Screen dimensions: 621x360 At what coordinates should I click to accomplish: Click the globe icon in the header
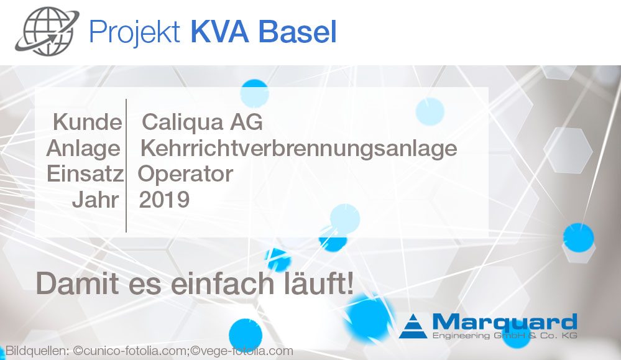click(x=47, y=31)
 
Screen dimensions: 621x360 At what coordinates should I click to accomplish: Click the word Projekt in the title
click(x=135, y=32)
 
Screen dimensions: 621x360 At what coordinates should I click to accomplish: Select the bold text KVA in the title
click(x=220, y=31)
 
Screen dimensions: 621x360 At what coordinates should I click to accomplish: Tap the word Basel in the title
click(x=297, y=31)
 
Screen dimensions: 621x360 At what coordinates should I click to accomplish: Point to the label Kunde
click(x=88, y=122)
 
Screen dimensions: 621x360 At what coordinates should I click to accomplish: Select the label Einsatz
click(x=85, y=174)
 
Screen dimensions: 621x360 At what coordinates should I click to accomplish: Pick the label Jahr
click(x=96, y=200)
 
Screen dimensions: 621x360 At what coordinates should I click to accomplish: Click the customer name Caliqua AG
click(x=202, y=122)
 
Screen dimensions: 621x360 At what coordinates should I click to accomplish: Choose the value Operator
click(x=185, y=175)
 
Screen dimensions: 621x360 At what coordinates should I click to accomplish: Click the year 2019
click(x=164, y=200)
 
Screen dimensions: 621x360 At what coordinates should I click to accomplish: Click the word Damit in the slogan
click(x=77, y=283)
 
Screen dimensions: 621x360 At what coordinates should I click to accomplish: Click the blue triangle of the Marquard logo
click(x=413, y=326)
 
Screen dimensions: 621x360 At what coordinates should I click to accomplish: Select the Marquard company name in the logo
click(x=505, y=322)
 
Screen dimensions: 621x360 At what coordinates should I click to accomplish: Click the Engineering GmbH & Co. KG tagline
click(x=505, y=336)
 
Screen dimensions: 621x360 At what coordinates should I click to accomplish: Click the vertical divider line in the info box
click(x=126, y=165)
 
